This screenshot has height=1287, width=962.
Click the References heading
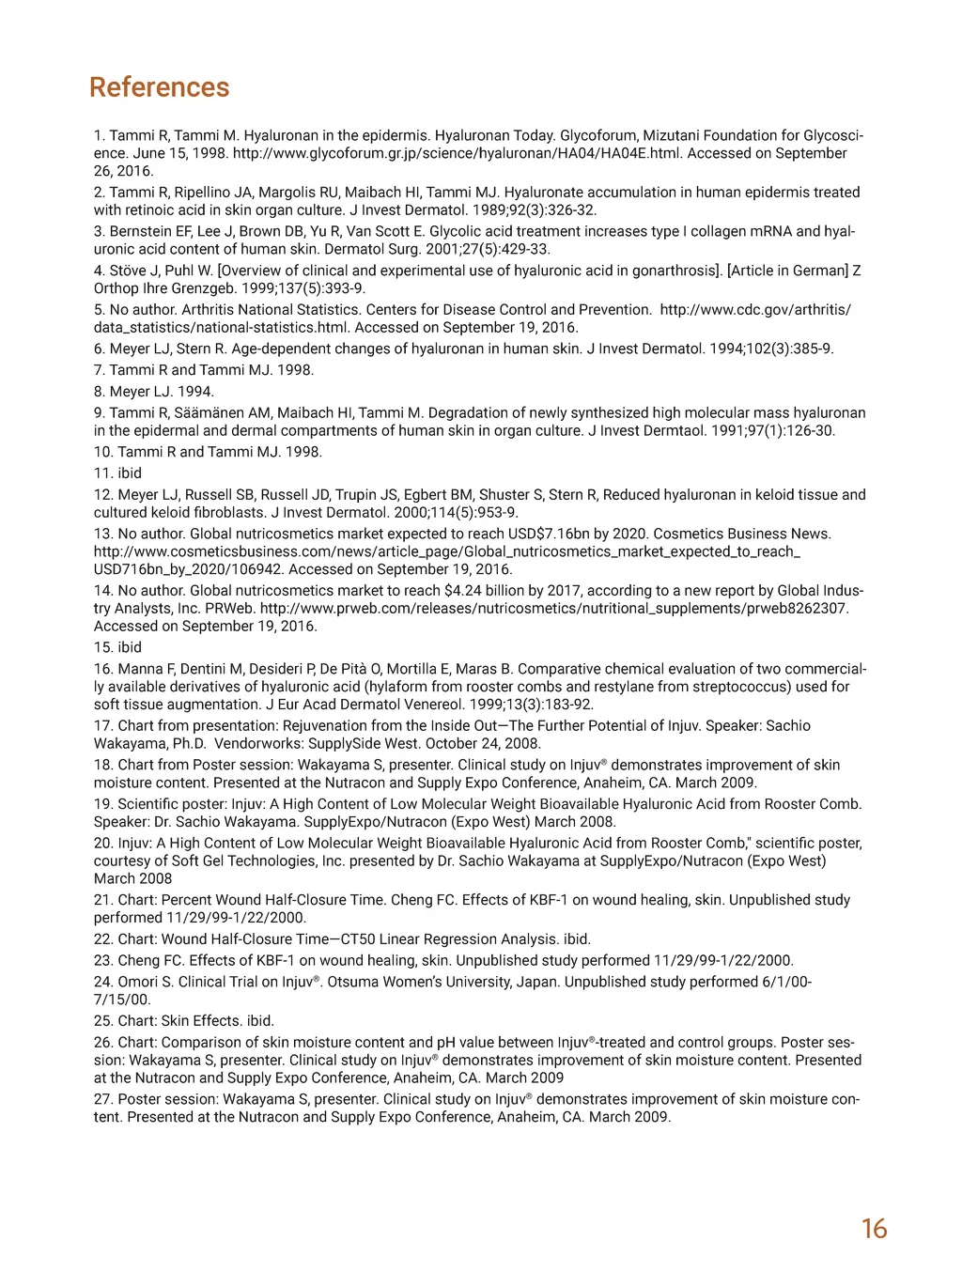click(159, 87)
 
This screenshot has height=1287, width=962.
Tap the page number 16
click(874, 1229)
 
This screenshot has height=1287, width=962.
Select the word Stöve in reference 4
click(129, 271)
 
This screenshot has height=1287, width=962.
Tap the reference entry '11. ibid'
click(117, 473)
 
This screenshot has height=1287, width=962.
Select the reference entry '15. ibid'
click(117, 647)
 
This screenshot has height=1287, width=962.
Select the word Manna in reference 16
click(139, 669)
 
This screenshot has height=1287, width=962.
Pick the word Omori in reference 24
click(139, 982)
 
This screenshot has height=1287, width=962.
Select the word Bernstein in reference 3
click(141, 231)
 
